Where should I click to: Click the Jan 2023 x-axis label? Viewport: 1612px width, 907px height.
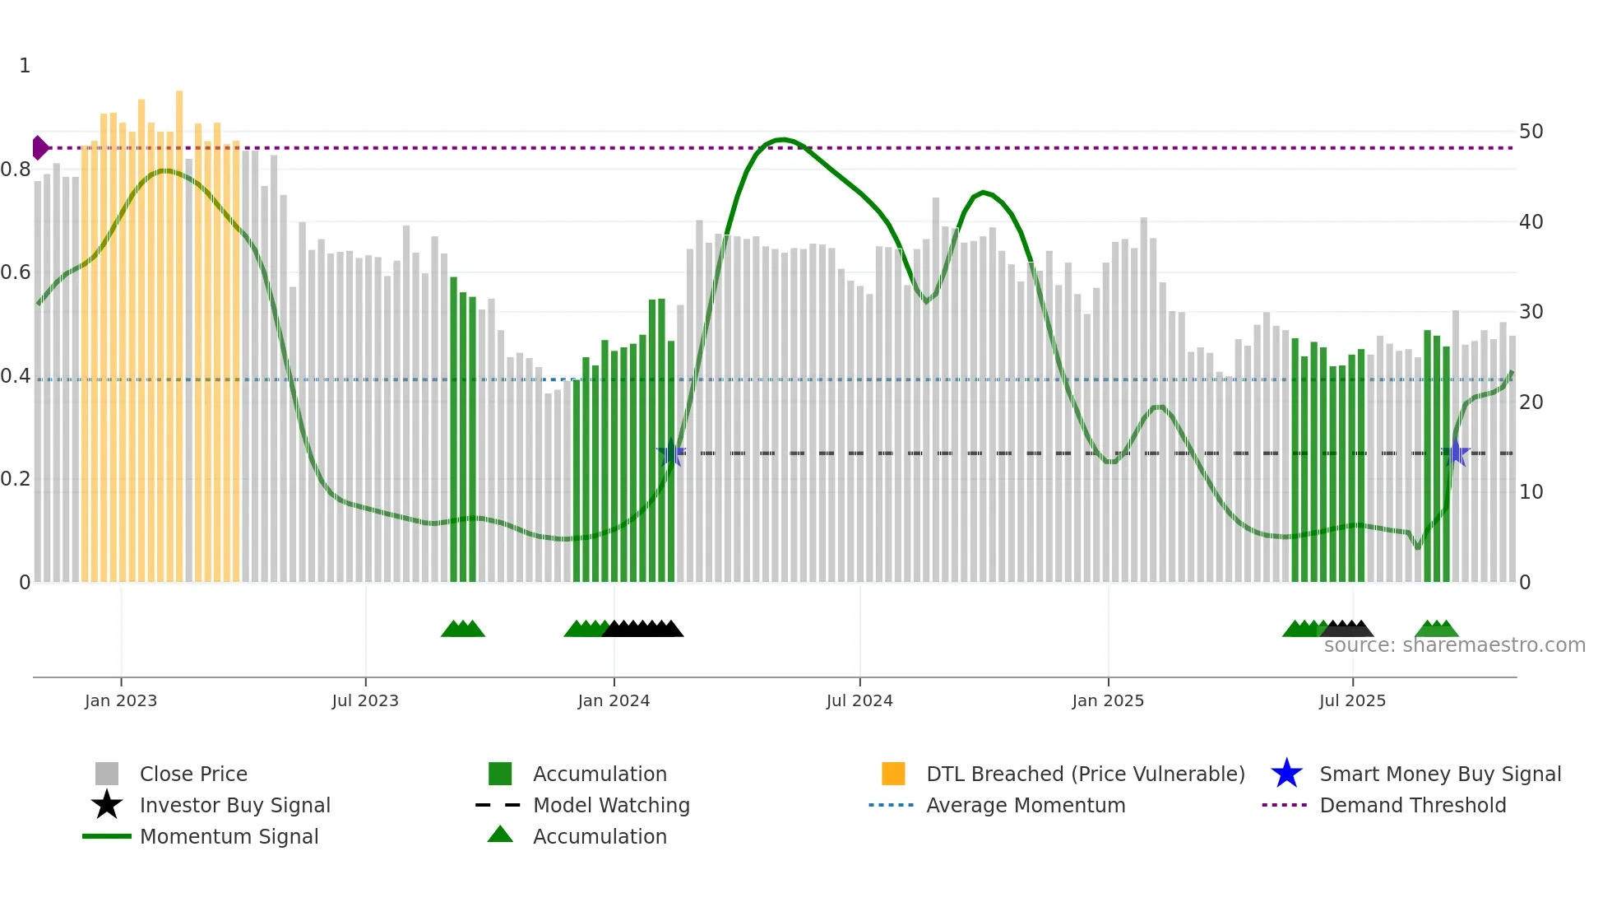click(121, 701)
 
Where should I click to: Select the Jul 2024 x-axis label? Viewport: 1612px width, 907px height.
click(859, 701)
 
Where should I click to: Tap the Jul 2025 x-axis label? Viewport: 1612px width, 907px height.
click(1352, 701)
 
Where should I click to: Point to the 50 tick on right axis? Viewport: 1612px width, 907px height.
click(1531, 132)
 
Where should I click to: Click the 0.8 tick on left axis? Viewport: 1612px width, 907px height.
click(16, 170)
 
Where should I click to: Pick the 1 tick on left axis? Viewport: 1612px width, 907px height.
click(25, 66)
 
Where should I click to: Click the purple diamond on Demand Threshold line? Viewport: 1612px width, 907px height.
click(39, 148)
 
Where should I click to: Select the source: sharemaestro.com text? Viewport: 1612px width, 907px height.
click(1454, 645)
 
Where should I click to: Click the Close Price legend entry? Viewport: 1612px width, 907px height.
click(193, 774)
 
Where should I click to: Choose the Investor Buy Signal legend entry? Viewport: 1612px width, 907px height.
click(234, 806)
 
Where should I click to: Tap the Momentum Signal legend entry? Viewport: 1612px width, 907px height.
click(229, 837)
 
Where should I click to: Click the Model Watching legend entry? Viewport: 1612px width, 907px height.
click(611, 806)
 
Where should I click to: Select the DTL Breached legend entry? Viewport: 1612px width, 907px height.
click(1085, 774)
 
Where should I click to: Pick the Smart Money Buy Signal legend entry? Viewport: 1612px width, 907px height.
click(1440, 774)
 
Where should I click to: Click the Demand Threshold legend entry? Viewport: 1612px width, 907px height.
click(1412, 806)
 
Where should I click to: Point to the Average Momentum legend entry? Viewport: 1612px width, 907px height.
click(1026, 806)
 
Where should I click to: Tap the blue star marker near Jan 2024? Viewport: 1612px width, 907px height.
click(671, 453)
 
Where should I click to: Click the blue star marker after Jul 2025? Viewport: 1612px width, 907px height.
click(1456, 453)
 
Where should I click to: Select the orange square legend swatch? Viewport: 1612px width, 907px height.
click(893, 774)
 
